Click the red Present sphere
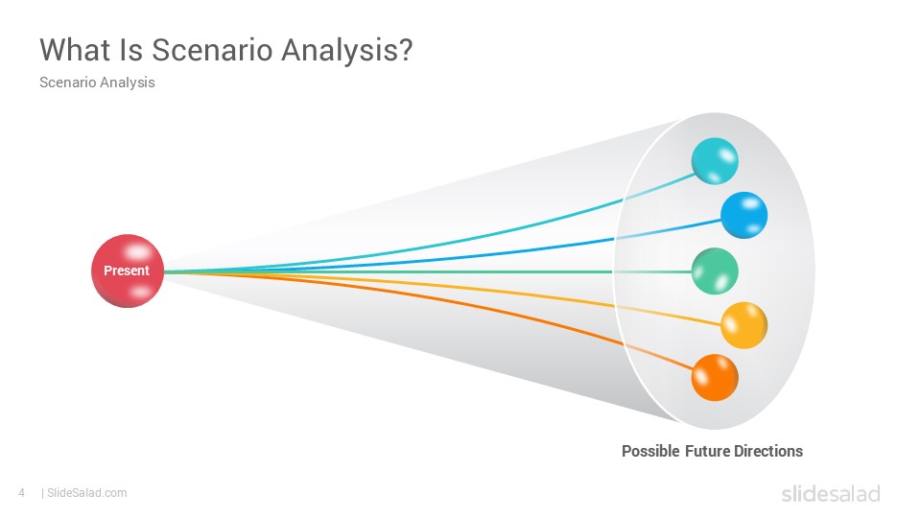click(128, 271)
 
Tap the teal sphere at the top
click(715, 161)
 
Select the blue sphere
click(744, 215)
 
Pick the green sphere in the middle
click(715, 271)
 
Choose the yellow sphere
click(744, 325)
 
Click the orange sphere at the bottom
click(715, 378)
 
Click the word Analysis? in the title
click(347, 51)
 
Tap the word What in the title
click(75, 49)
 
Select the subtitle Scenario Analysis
click(97, 82)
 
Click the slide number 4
click(22, 493)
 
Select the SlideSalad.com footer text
click(86, 493)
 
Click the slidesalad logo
click(831, 493)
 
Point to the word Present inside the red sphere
click(127, 271)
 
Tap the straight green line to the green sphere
click(428, 271)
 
